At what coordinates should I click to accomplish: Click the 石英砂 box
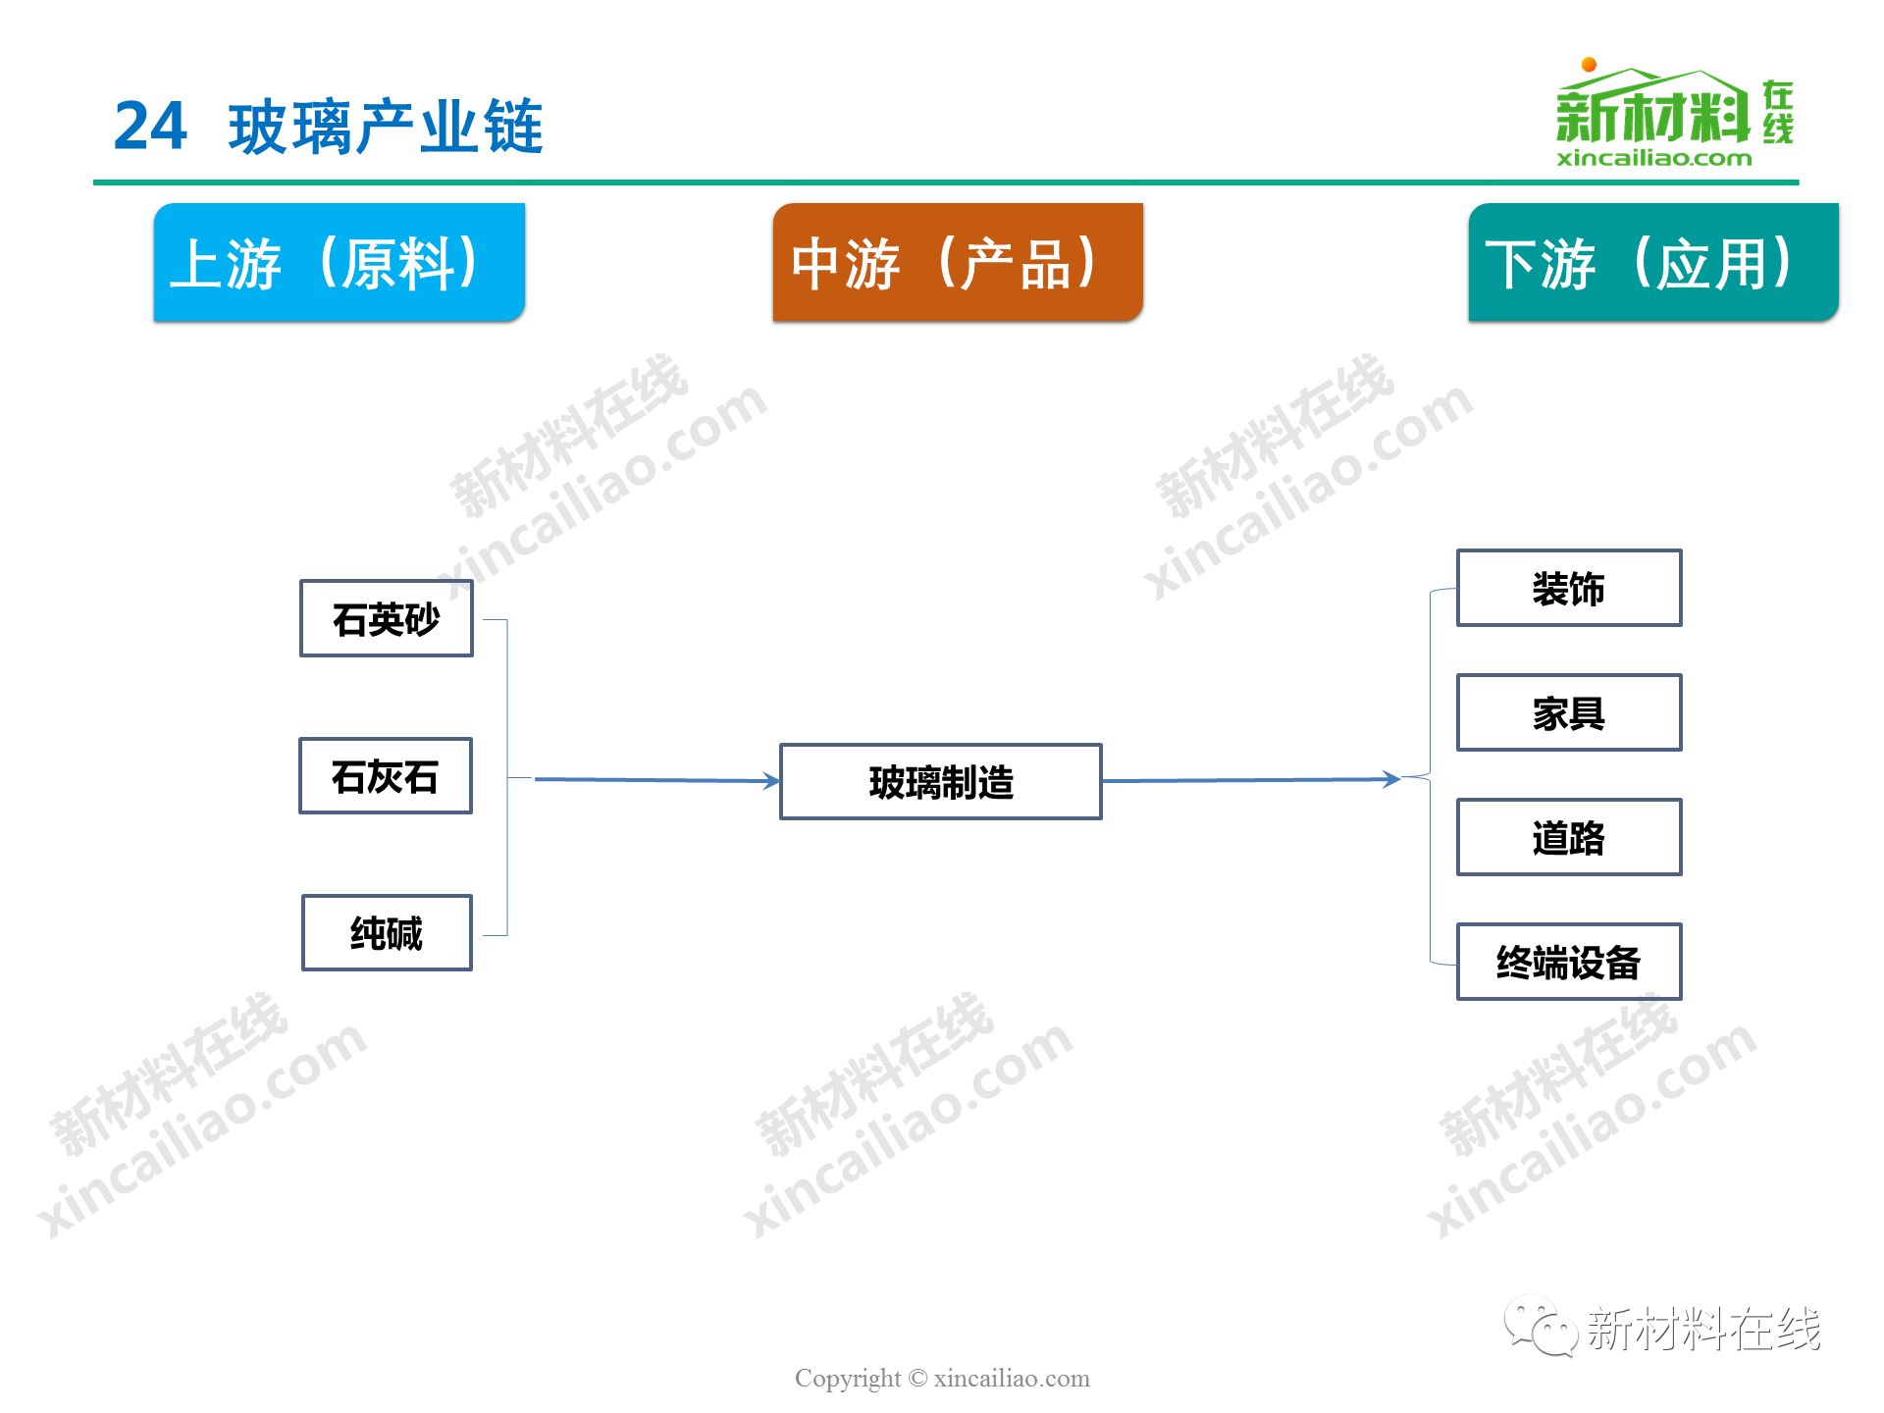click(387, 618)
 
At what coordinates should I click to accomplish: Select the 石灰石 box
click(386, 775)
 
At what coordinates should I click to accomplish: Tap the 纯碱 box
click(387, 932)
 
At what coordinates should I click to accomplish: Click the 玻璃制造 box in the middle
click(941, 781)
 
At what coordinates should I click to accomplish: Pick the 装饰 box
click(1569, 588)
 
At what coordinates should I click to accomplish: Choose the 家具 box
click(1569, 712)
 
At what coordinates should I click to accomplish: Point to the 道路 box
click(1569, 837)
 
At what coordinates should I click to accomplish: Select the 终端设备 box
click(1569, 962)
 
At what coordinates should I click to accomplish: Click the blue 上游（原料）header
click(340, 262)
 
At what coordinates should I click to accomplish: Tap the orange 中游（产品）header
click(958, 262)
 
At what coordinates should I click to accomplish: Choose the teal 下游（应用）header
click(1653, 262)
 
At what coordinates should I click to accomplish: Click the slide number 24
click(150, 127)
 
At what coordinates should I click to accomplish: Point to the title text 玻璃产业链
click(386, 127)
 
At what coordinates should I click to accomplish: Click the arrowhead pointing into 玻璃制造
click(772, 781)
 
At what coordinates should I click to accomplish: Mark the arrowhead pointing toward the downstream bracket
click(1391, 779)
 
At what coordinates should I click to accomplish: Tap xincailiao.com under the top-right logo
click(1653, 158)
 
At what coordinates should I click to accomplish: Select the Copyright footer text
click(942, 1378)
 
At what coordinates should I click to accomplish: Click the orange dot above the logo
click(1589, 65)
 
